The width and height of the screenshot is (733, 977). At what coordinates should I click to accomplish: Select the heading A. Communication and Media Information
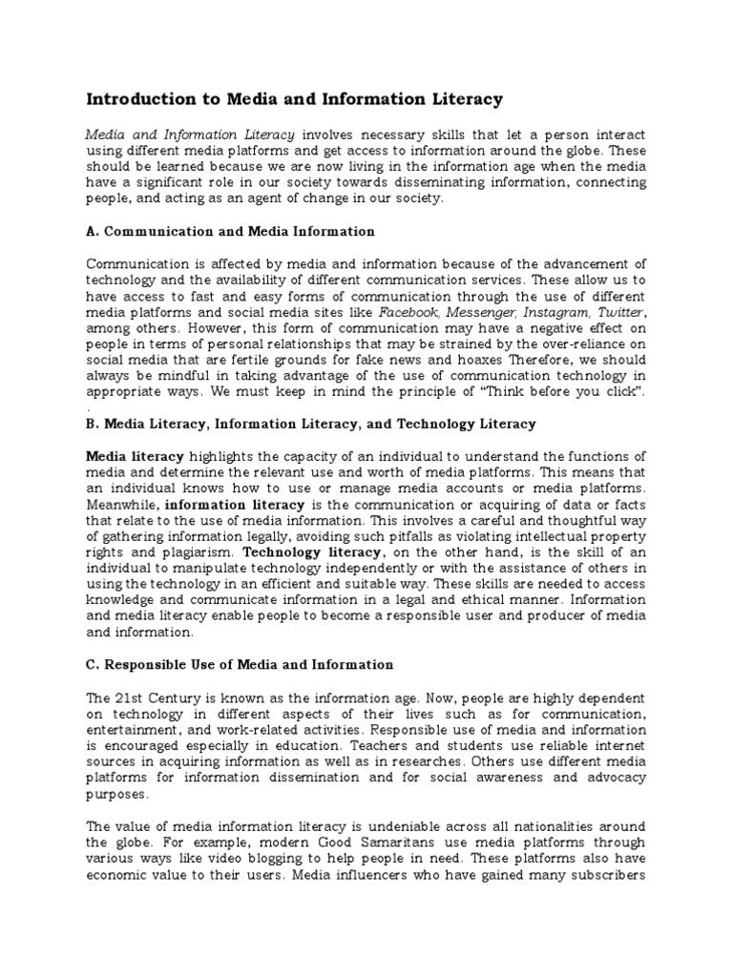click(x=230, y=231)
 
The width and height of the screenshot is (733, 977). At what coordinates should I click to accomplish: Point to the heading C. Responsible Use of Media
click(x=240, y=664)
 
